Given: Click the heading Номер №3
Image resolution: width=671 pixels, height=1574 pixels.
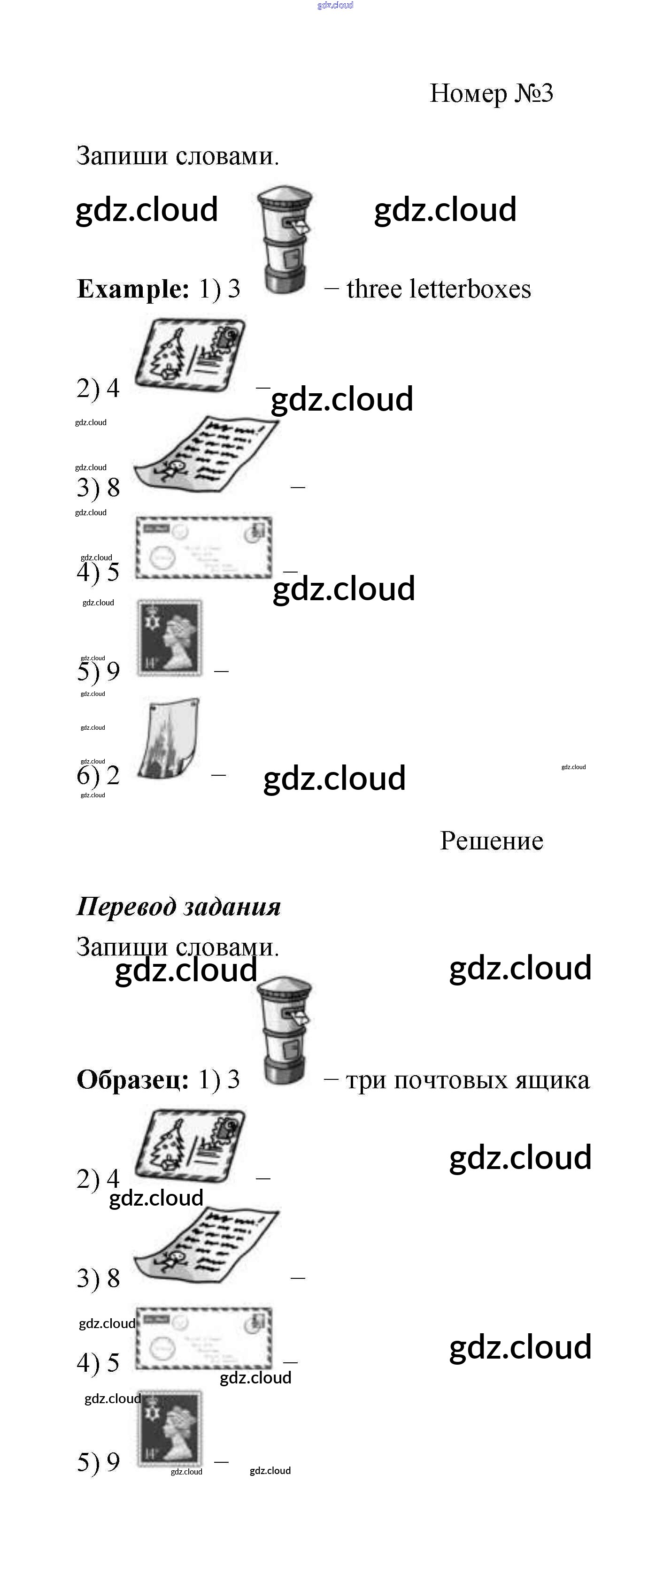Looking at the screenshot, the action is coord(491,93).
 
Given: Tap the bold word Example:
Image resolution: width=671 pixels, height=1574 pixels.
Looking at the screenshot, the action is coord(132,289).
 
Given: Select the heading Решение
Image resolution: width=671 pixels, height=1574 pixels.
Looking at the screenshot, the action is coord(491,841).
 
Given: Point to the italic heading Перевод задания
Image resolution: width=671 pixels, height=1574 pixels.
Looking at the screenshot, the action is coord(178,906).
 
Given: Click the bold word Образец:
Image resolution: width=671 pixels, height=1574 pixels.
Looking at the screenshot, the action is coord(132,1080).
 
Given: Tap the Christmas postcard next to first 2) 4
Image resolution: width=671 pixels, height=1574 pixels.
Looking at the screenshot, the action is coord(190,354).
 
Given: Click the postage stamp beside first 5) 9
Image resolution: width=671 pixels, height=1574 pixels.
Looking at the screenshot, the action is coord(170,637).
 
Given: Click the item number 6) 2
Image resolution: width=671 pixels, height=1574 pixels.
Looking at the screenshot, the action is coord(98,775).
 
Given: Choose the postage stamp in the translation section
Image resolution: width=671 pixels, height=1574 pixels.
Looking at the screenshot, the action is coord(170,1428).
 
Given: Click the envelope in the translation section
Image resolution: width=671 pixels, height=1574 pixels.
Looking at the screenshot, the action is coord(203,1338).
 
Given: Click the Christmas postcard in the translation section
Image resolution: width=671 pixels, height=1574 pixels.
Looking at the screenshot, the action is coord(190,1145).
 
